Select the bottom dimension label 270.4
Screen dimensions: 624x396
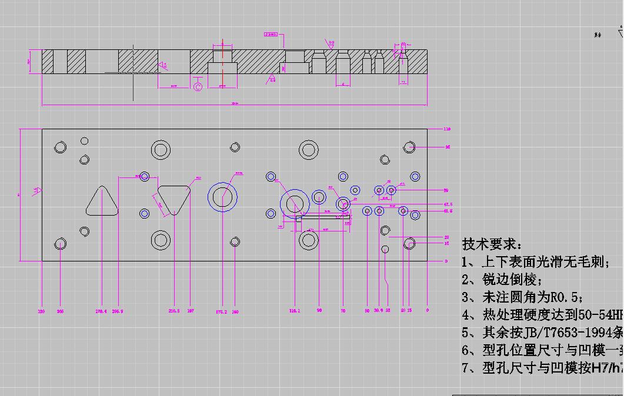tap(101, 311)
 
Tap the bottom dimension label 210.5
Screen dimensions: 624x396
tap(174, 311)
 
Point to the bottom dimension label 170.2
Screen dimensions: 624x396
tap(221, 312)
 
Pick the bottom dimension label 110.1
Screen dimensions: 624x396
tap(295, 311)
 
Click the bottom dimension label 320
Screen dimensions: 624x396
tap(41, 311)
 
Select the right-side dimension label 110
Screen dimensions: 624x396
tap(446, 129)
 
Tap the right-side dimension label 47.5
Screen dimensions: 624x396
tap(448, 204)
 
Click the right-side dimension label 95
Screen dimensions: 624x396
tap(448, 147)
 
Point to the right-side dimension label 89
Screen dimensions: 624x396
tap(446, 190)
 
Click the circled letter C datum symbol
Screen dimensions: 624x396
tap(198, 87)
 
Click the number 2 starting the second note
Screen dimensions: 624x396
tap(465, 280)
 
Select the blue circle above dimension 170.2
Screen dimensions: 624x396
tap(222, 197)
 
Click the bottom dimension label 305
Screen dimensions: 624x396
tap(60, 311)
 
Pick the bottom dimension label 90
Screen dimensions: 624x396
tap(319, 310)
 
